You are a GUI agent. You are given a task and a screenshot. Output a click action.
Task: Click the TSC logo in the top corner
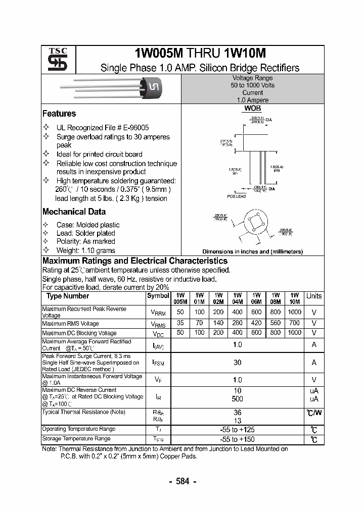[x=54, y=60]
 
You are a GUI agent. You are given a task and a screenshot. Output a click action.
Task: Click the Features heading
[x=59, y=114]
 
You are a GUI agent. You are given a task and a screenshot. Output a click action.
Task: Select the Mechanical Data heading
[x=74, y=212]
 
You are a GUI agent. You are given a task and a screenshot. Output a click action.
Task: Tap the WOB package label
[x=252, y=109]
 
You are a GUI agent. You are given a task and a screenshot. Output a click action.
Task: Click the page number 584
[x=181, y=481]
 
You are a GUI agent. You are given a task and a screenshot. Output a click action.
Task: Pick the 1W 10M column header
[x=295, y=298]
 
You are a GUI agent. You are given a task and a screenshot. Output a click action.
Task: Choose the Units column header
[x=314, y=296]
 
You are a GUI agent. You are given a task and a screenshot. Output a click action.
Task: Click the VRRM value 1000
[x=295, y=312]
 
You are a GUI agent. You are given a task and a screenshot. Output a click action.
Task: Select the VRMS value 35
[x=180, y=323]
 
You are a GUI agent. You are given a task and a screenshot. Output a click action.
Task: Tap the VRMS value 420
[x=256, y=323]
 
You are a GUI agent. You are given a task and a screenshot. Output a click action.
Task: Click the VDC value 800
[x=276, y=333]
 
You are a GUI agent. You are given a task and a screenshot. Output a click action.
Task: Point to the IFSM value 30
[x=237, y=363]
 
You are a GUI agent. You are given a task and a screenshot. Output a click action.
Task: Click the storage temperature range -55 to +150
[x=237, y=439]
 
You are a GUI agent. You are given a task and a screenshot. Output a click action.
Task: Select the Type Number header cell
[x=68, y=296]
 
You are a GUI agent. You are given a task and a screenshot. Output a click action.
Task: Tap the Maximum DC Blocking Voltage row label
[x=79, y=333]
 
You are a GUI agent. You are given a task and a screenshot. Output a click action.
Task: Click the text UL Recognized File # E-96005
[x=103, y=128]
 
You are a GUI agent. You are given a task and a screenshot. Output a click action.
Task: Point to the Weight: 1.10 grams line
[x=85, y=250]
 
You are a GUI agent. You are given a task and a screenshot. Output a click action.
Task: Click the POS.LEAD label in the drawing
[x=236, y=196]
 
